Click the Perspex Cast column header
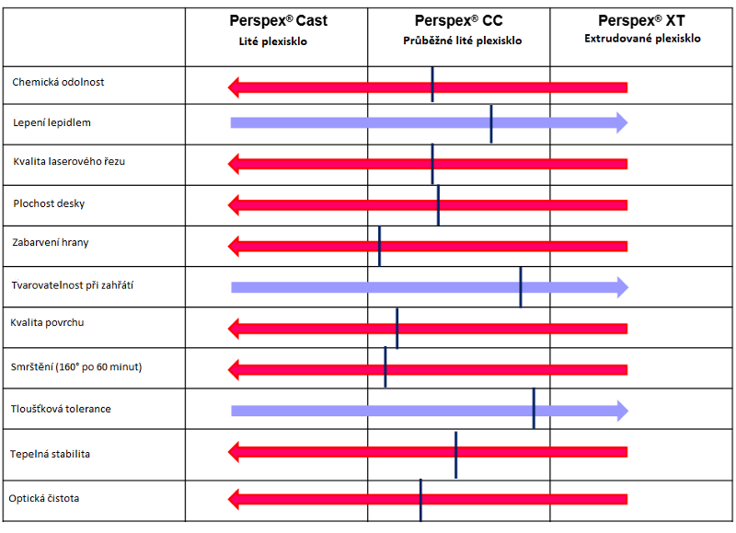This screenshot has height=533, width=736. coord(278,20)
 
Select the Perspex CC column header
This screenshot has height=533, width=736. coord(458,20)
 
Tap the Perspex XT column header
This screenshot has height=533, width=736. coord(641,20)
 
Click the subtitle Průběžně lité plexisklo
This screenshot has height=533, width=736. coord(463,41)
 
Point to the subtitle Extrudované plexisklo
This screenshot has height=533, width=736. coord(642,39)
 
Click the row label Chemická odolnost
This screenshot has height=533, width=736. coord(58,82)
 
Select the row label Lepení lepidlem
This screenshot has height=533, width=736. coord(52,122)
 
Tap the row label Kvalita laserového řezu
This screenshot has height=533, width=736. coord(69,161)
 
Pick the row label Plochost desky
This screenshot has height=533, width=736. coord(50,203)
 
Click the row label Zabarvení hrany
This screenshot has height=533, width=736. coord(51,243)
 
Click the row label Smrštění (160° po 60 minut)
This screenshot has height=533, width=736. coord(76,366)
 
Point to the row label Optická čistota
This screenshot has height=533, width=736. coord(44,498)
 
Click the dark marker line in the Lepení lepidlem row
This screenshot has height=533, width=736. coord(491,123)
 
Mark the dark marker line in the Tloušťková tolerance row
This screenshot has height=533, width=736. coord(534,409)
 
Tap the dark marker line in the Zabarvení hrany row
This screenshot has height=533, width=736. coord(379,245)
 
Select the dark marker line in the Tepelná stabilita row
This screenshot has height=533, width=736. coord(455,452)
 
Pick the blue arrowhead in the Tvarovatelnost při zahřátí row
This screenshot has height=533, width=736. coord(621,287)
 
